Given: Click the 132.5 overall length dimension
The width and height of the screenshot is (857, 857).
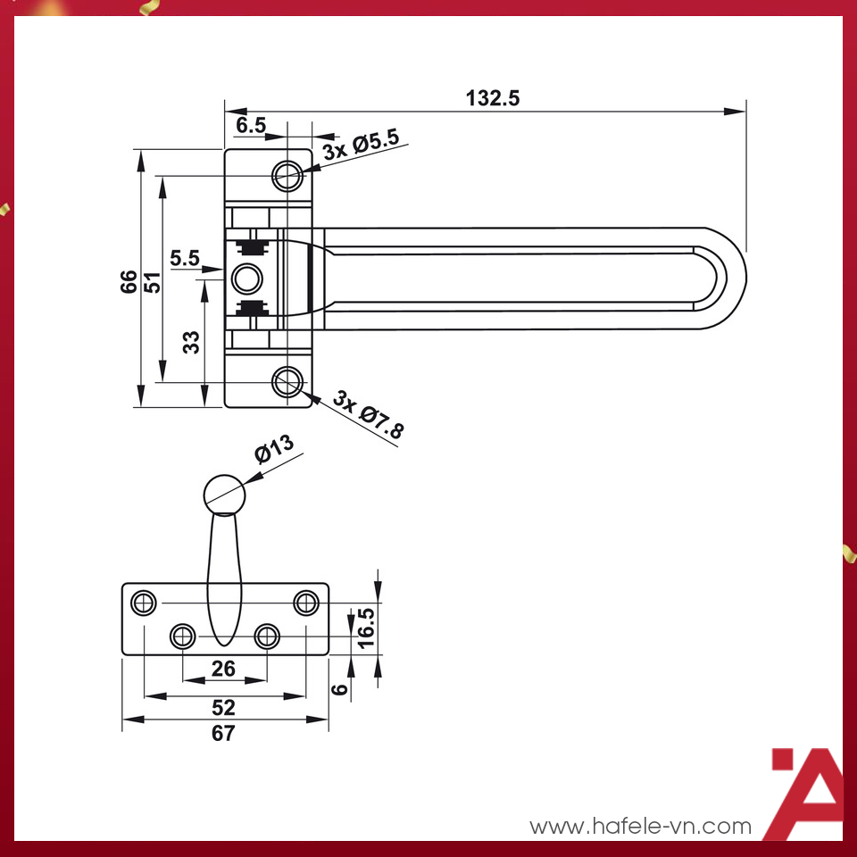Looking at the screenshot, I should pyautogui.click(x=492, y=98).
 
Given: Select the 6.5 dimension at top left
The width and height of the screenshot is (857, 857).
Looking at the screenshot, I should pyautogui.click(x=251, y=126).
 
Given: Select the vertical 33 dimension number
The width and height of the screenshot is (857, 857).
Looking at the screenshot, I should pyautogui.click(x=191, y=342).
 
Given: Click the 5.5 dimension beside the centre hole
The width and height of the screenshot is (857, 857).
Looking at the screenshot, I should pyautogui.click(x=185, y=258).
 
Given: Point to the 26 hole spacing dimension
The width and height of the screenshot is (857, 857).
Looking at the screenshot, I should pyautogui.click(x=223, y=668).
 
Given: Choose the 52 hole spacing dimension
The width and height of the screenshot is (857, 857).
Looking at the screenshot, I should pyautogui.click(x=223, y=707).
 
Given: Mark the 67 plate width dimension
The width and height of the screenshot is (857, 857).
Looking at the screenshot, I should pyautogui.click(x=223, y=734).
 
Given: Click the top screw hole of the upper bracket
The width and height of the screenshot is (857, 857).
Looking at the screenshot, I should pyautogui.click(x=287, y=174).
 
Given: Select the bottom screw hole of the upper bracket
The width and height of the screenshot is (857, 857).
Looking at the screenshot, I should pyautogui.click(x=287, y=383).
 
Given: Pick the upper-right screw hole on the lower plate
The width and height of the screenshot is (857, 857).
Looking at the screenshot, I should pyautogui.click(x=306, y=603).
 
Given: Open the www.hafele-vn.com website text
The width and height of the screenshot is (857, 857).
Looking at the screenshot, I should pyautogui.click(x=641, y=827).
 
